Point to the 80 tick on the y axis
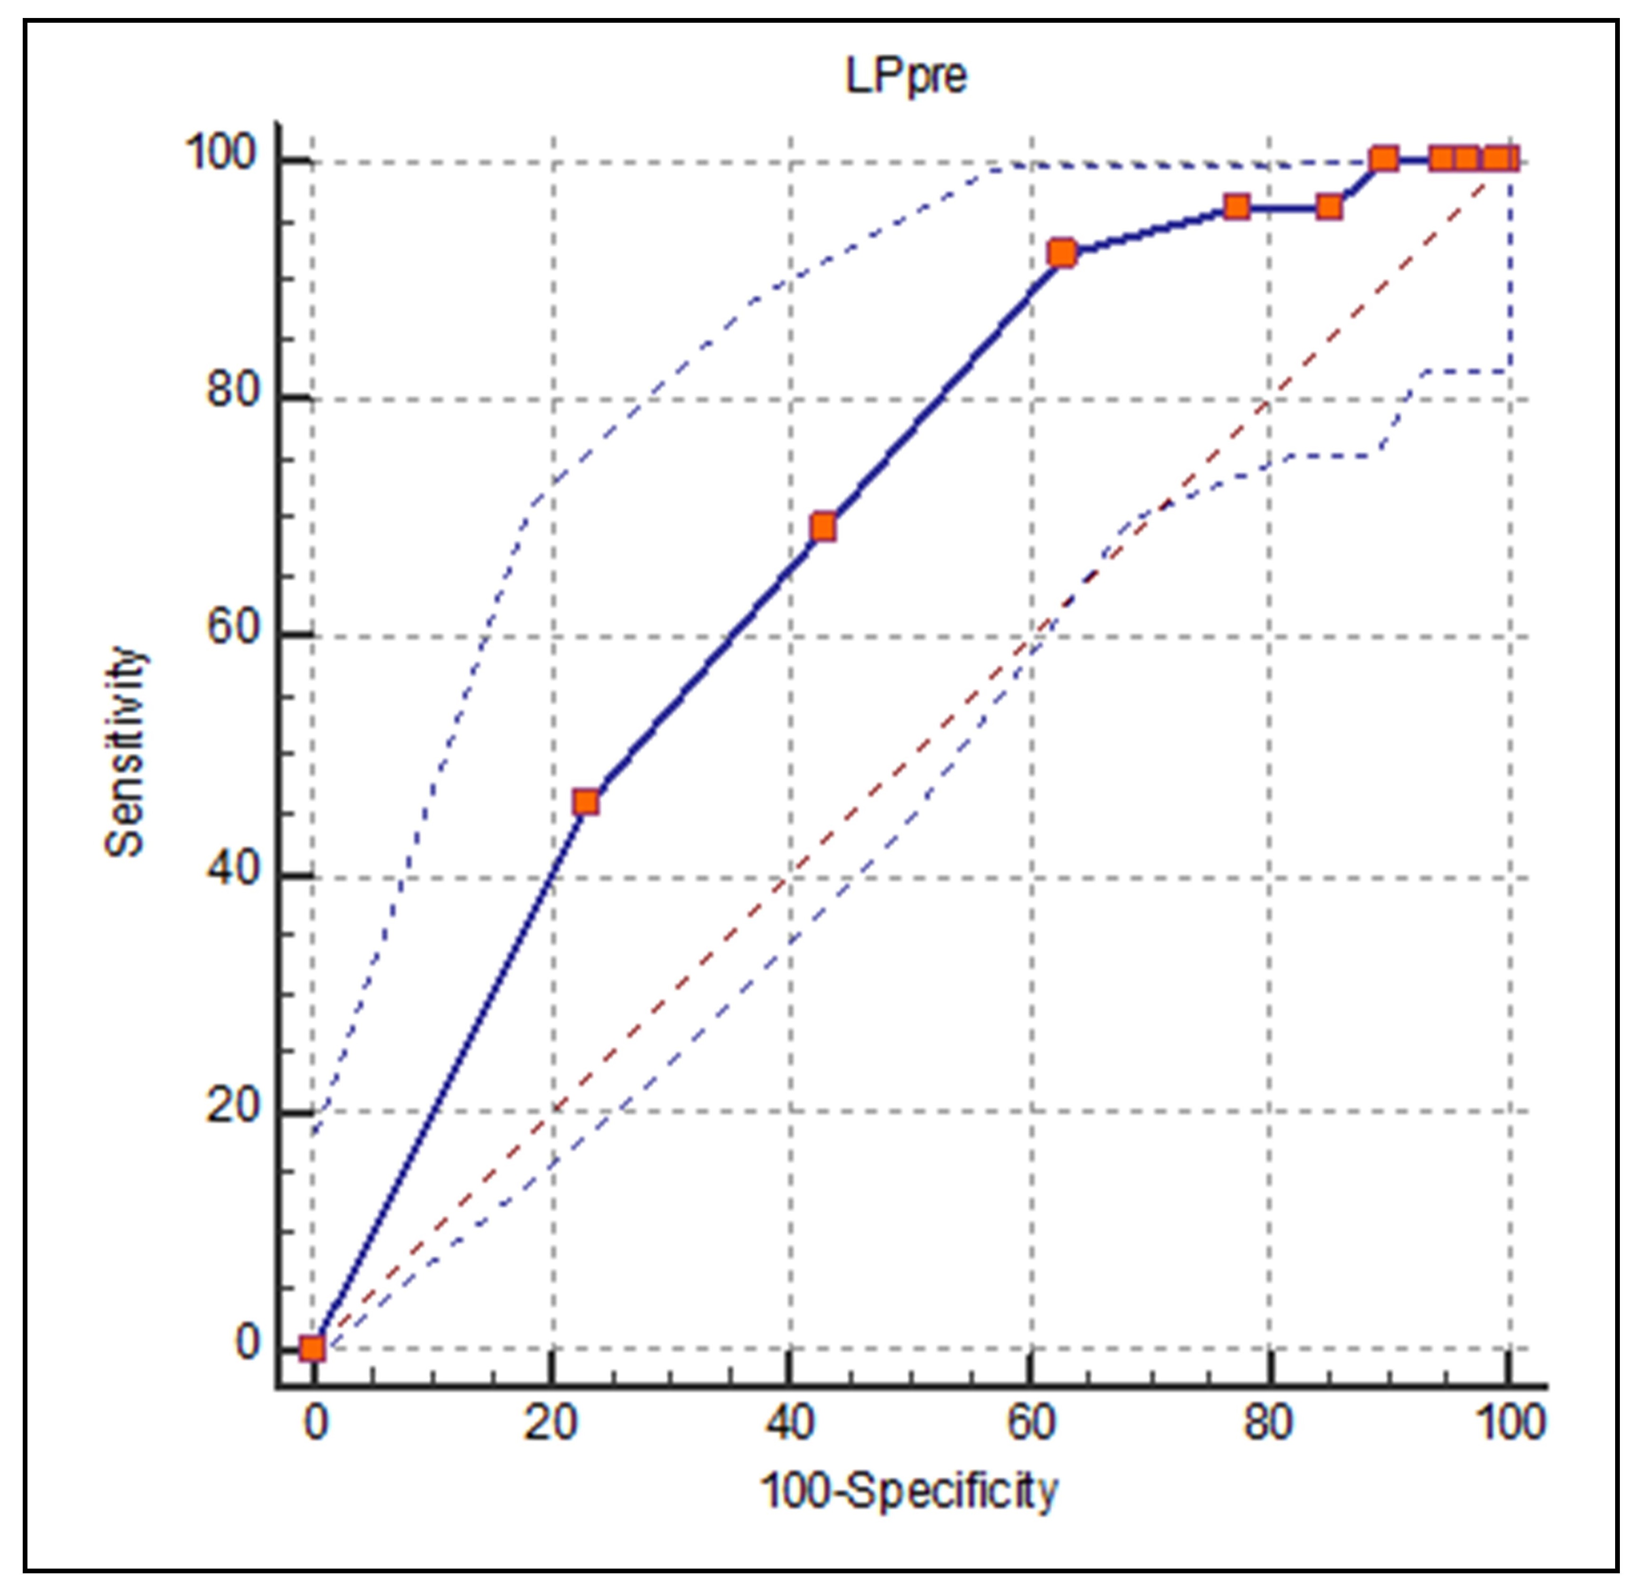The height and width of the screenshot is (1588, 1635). click(234, 390)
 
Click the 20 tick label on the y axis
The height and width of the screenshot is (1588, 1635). click(234, 1106)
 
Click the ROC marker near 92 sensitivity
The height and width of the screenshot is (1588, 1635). click(1062, 253)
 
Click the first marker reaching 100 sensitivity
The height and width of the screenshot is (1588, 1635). click(1383, 159)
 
